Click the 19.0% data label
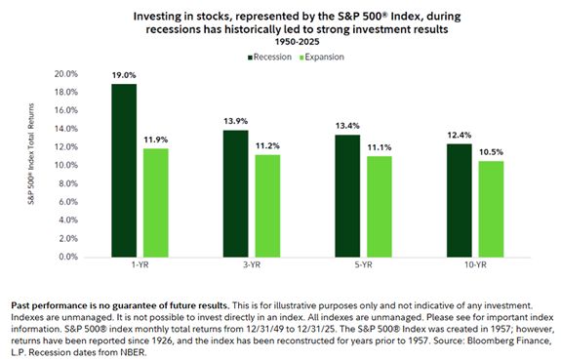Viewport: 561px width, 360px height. tap(123, 76)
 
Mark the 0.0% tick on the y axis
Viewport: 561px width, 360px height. tap(67, 258)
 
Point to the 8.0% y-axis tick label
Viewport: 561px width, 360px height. tap(67, 184)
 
